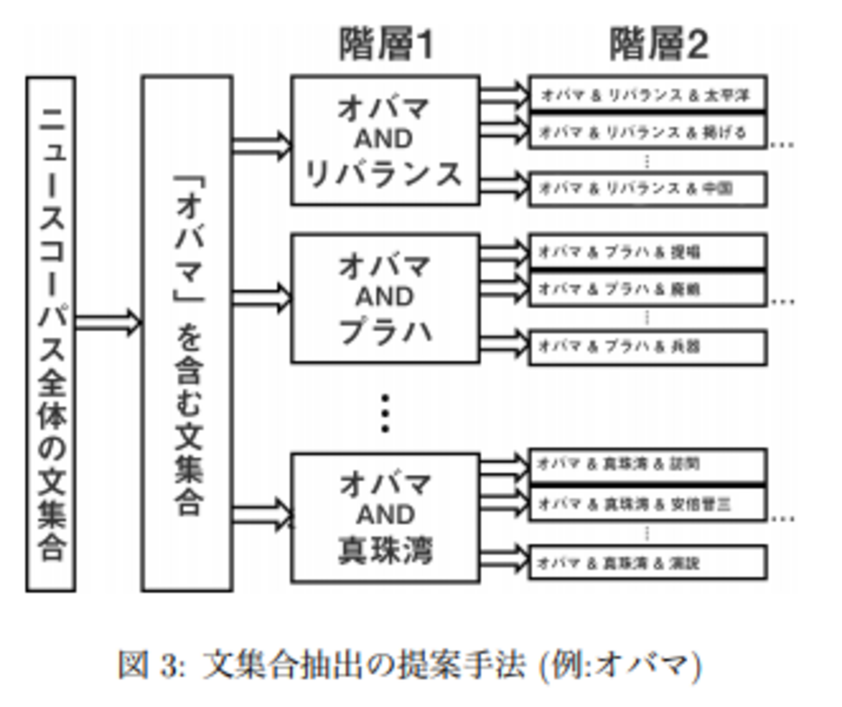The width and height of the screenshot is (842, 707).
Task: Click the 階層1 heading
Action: pos(386,44)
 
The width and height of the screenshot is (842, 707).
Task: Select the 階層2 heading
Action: pos(658,44)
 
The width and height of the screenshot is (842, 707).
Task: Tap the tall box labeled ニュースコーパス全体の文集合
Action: pos(51,333)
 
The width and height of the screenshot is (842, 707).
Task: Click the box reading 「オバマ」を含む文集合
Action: pos(187,333)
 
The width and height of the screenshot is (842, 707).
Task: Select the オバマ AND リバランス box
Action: pos(385,140)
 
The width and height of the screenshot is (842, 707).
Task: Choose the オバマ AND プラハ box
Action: pos(385,298)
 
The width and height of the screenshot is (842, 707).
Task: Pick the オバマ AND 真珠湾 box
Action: pos(385,517)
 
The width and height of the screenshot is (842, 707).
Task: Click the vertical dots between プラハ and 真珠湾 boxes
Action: pos(385,413)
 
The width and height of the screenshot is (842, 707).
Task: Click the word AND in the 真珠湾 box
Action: pos(385,515)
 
